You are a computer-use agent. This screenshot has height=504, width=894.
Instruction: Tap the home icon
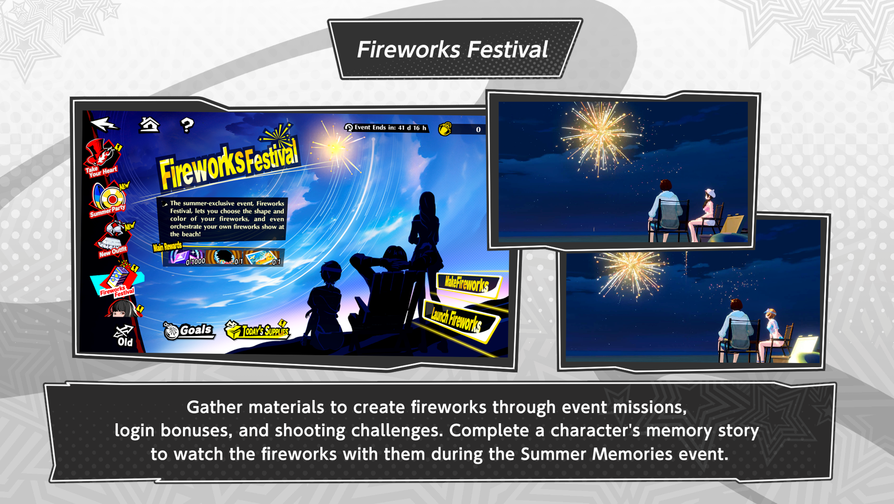click(x=149, y=125)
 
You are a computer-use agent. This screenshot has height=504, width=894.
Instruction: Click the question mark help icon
click(x=187, y=125)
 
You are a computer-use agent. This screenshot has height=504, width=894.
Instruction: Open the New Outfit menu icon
click(x=114, y=240)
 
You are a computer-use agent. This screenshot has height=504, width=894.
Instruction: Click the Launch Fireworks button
click(x=458, y=320)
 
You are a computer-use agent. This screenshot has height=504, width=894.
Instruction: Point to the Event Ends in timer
click(x=386, y=128)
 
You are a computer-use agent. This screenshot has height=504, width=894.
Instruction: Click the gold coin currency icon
click(x=445, y=129)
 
